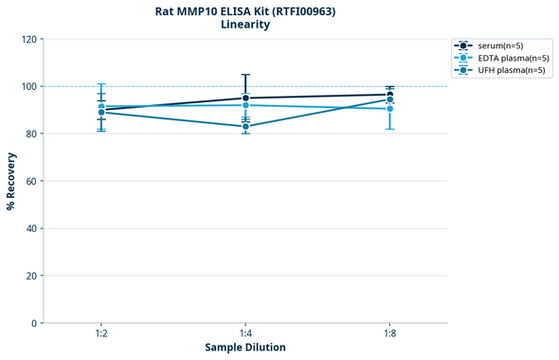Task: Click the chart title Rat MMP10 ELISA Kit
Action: coord(244,11)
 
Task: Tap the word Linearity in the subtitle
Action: coord(244,26)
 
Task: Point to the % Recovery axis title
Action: coord(11,181)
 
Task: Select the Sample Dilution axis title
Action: coord(245,348)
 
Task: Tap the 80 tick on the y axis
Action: coord(29,135)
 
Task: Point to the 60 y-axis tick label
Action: coord(29,182)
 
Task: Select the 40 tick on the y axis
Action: coord(29,229)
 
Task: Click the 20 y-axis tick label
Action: coord(29,277)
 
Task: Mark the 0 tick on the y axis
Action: coord(32,324)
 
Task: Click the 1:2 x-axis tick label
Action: coord(101,333)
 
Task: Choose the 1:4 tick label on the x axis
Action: coord(245,333)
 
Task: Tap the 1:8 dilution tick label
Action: coord(389,333)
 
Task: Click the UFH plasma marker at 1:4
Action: coord(245,126)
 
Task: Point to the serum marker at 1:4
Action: coord(245,98)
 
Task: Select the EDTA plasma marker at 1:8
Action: coord(389,109)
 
